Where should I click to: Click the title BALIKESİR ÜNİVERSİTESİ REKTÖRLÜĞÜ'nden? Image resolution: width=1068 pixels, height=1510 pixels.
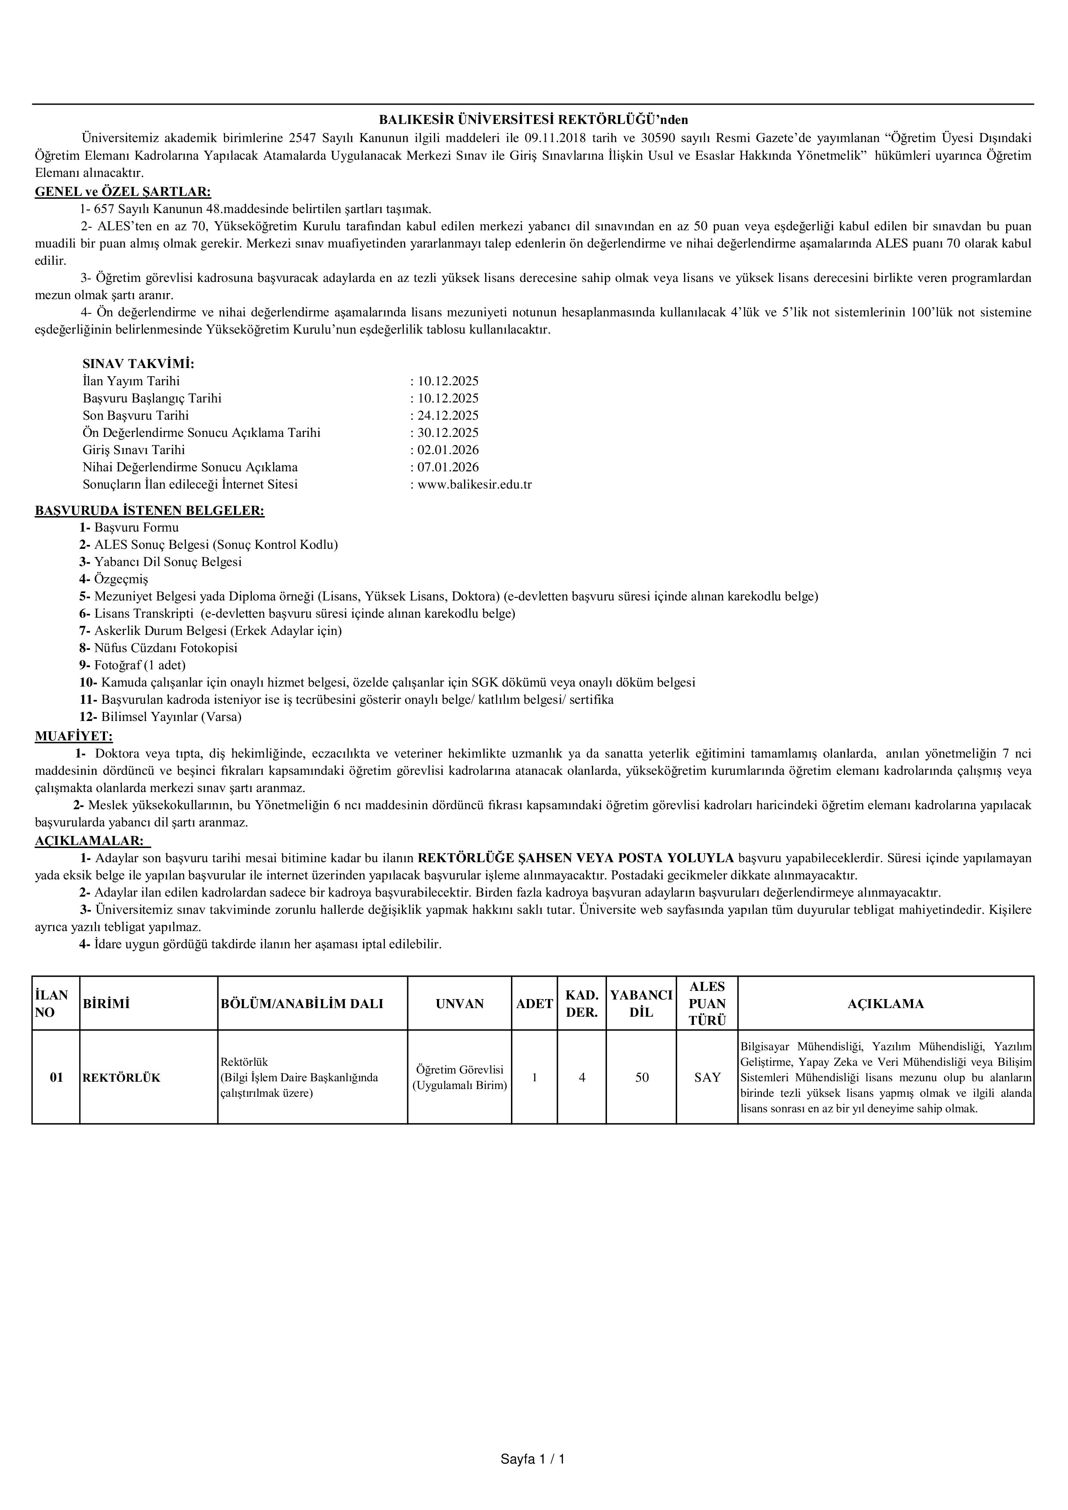[x=533, y=120]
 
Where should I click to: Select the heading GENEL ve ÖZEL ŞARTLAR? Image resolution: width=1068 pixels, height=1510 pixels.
[x=123, y=192]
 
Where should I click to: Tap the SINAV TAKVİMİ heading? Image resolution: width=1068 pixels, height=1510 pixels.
[x=138, y=364]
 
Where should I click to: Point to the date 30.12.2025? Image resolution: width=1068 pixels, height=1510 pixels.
[x=448, y=433]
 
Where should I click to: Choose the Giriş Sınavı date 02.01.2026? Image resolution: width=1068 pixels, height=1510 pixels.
[x=448, y=450]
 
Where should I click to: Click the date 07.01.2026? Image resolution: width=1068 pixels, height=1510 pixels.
[x=448, y=467]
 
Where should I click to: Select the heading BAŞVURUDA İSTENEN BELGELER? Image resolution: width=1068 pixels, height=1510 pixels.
[x=149, y=511]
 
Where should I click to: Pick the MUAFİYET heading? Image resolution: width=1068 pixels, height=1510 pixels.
[x=74, y=736]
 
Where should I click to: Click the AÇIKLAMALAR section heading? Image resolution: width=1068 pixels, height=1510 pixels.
[x=89, y=841]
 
